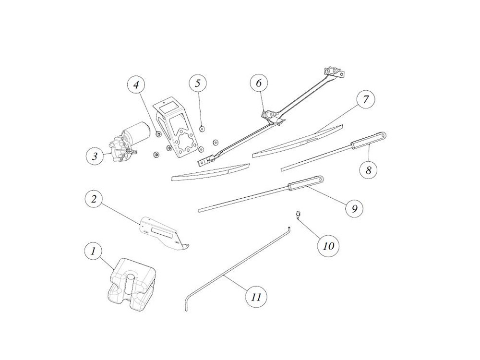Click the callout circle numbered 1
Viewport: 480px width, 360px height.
(93, 252)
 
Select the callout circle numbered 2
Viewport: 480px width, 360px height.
(94, 199)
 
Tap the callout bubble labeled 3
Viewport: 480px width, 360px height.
(95, 156)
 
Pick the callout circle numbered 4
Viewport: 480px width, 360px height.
(136, 84)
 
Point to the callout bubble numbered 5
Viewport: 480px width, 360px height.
(198, 83)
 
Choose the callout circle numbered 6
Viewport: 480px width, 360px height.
(259, 83)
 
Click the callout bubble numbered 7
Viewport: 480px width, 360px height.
(366, 99)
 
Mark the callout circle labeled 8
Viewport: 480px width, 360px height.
(368, 169)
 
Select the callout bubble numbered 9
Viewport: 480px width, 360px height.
(355, 208)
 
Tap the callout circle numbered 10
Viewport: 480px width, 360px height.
(328, 245)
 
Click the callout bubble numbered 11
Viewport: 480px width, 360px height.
(256, 297)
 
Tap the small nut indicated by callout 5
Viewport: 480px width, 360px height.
(202, 129)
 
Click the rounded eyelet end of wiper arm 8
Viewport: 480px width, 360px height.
(383, 135)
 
